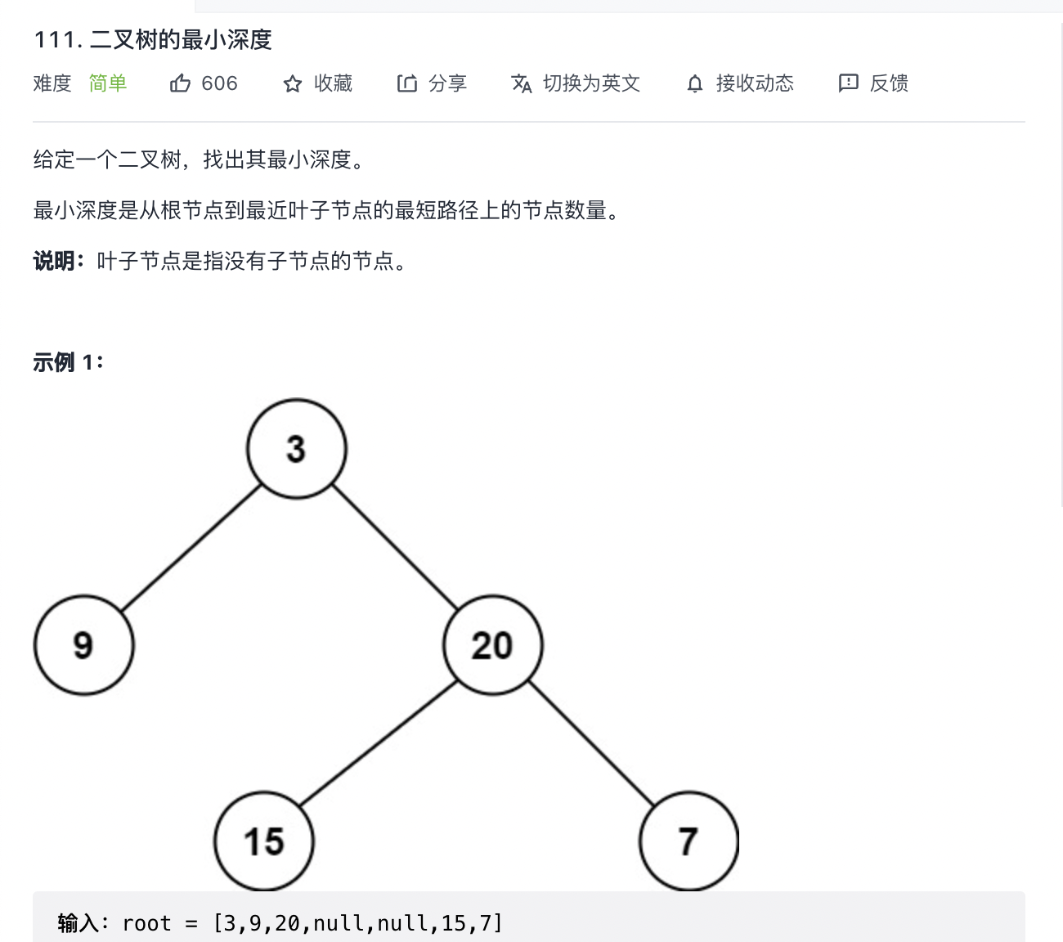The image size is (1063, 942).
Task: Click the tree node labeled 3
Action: point(297,449)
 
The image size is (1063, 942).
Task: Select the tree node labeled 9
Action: point(83,645)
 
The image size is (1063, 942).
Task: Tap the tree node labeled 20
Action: point(492,645)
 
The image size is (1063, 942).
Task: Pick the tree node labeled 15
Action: point(263,841)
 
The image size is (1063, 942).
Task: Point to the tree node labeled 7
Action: point(688,841)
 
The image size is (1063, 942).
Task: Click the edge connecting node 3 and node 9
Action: point(191,547)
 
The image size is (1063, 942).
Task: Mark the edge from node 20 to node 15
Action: point(378,743)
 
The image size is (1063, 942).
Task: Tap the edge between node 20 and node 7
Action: point(590,743)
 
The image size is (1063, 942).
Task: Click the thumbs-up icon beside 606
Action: point(180,83)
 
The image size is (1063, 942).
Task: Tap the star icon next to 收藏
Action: point(292,83)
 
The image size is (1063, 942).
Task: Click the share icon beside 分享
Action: point(406,83)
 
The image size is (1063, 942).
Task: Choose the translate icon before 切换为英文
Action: point(521,83)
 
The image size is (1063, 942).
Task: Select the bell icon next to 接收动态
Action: point(694,83)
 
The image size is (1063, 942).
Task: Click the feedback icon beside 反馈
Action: point(848,83)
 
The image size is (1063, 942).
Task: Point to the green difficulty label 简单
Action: point(108,83)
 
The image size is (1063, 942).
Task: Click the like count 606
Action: point(219,83)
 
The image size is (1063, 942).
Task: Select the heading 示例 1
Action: point(68,361)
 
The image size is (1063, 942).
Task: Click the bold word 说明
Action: point(54,262)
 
